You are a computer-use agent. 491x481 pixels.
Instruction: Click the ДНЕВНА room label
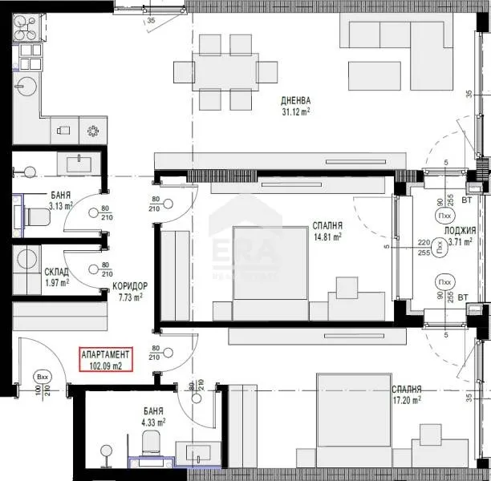point(296,101)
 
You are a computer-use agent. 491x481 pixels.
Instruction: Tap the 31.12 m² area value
point(296,113)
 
